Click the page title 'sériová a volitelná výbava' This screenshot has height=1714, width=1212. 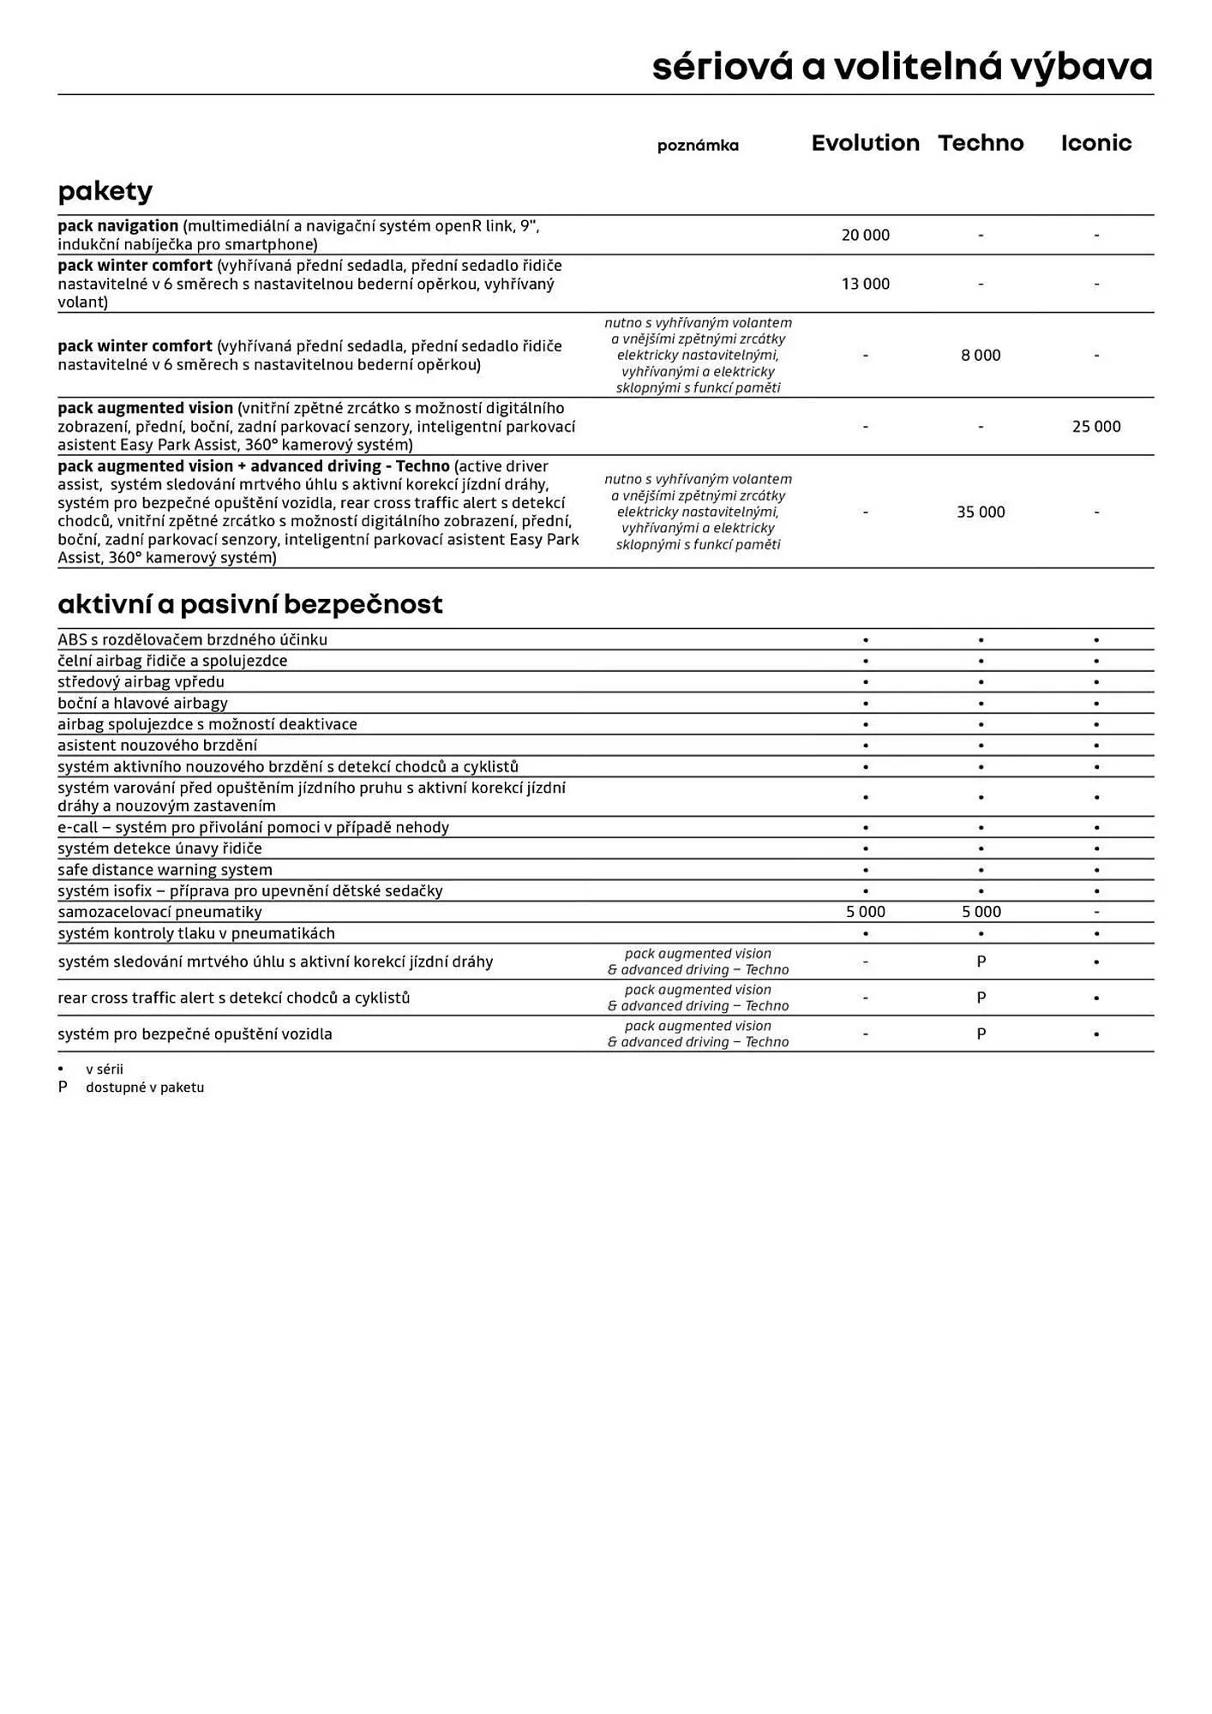pos(902,67)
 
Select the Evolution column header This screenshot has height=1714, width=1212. pos(865,143)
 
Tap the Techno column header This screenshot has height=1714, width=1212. pos(981,143)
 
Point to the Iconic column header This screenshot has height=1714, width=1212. pos(1095,143)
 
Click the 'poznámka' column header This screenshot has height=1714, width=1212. pos(698,146)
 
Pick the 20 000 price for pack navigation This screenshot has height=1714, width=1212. pos(865,235)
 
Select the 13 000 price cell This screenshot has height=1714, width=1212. pos(865,284)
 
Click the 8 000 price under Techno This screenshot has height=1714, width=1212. pos(981,355)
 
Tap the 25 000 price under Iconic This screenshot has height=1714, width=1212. pos(1095,426)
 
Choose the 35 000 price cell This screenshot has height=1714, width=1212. pos(981,512)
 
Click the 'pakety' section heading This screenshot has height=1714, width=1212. pos(105,190)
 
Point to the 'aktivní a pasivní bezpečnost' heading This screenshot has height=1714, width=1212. pos(249,604)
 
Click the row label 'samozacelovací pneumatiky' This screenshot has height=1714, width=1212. pos(159,912)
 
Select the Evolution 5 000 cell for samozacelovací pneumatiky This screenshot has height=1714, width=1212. pos(865,912)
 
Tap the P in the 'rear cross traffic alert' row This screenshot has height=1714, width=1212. pos(981,998)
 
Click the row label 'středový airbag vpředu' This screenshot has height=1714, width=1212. pos(141,682)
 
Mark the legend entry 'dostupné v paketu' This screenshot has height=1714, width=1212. pos(144,1088)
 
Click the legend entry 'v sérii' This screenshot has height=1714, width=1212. pos(104,1070)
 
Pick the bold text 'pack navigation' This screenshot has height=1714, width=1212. pos(117,226)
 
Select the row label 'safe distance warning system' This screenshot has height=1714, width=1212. pos(165,870)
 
